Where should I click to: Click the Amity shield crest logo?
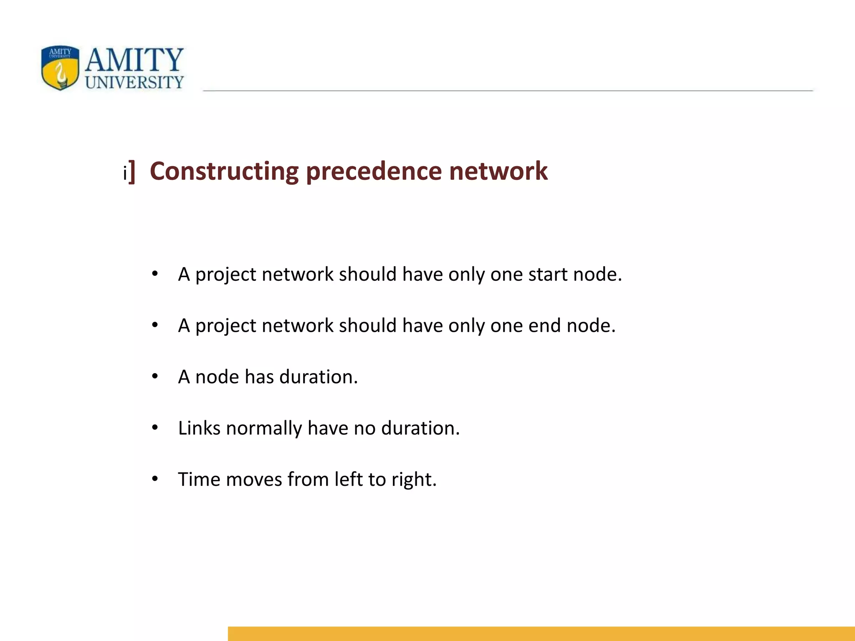(60, 68)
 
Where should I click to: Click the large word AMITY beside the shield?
(134, 60)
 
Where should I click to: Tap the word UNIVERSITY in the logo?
(134, 82)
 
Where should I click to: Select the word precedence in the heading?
(374, 171)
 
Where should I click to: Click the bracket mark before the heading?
(132, 171)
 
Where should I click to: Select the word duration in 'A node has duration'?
(318, 377)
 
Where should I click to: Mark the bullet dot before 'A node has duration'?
(155, 376)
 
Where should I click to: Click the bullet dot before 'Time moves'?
(155, 479)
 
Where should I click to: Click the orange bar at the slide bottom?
(541, 633)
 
